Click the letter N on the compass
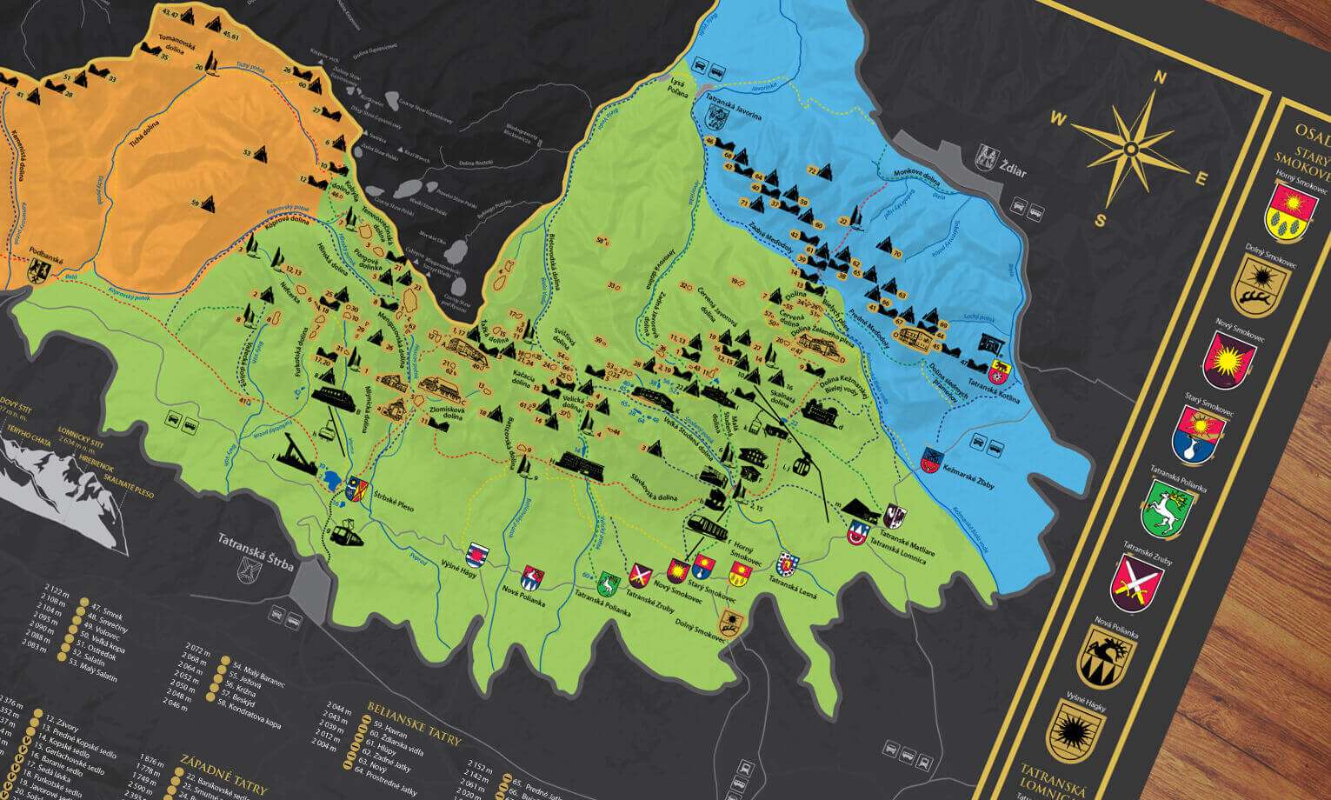coord(1159,77)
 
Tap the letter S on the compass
coord(1100,220)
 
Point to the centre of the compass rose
coord(1130,148)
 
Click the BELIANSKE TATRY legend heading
coord(414,709)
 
